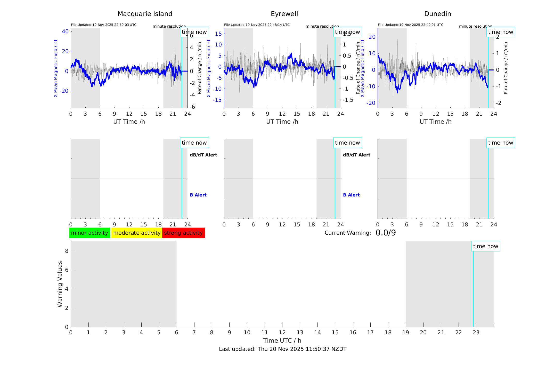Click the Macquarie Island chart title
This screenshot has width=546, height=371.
(x=145, y=14)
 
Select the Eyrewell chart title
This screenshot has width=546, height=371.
(x=284, y=14)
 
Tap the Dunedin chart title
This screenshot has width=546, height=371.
(x=437, y=14)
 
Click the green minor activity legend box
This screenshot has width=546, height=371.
(x=89, y=233)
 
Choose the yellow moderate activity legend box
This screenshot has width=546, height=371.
(x=137, y=233)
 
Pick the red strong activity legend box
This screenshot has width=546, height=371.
(x=183, y=233)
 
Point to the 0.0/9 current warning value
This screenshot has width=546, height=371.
(x=386, y=233)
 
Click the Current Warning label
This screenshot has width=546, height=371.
(x=348, y=233)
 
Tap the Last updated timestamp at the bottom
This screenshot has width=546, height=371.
(x=283, y=349)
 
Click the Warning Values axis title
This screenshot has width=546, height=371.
(x=60, y=284)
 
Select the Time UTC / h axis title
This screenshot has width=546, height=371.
(x=282, y=341)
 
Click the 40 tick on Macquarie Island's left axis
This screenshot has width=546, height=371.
(x=65, y=31)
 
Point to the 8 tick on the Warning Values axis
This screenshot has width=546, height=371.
(x=67, y=251)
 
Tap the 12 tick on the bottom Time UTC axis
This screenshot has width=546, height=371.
(x=282, y=333)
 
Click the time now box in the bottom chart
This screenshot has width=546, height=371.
(x=486, y=246)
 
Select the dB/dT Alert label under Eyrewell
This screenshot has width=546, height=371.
(x=356, y=155)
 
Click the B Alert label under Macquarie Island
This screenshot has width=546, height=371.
(x=198, y=195)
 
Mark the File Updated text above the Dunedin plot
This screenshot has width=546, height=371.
(x=410, y=25)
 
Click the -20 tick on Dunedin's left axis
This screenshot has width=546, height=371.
(x=372, y=103)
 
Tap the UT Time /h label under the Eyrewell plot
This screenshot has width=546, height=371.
(x=282, y=122)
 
